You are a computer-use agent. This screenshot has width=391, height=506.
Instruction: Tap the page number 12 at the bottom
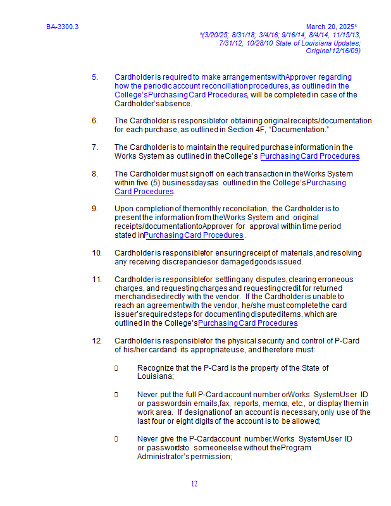(195, 484)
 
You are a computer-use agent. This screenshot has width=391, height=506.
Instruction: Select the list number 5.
(95, 77)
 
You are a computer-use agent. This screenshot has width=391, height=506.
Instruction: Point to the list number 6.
(95, 121)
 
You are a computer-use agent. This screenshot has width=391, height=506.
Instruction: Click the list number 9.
(95, 209)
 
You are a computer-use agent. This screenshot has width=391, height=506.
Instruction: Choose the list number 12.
(97, 341)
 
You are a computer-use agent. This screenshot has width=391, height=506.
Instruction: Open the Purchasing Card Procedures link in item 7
(309, 156)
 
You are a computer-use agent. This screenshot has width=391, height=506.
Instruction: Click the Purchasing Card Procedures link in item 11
(247, 323)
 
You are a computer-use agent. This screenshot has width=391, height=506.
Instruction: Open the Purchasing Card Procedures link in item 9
(194, 235)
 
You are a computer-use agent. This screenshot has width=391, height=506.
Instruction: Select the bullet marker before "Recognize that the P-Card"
(117, 367)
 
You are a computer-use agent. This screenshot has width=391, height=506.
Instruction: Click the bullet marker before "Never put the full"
(117, 394)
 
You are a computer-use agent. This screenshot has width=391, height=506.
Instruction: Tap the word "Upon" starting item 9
(123, 209)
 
